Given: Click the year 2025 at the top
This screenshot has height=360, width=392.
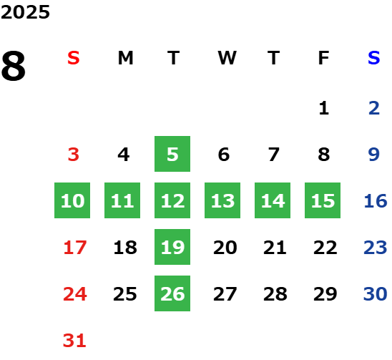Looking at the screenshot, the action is click(x=25, y=12).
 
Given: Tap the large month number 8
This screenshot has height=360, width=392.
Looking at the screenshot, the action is click(x=14, y=66).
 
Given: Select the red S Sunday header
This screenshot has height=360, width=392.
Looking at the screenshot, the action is click(x=74, y=58).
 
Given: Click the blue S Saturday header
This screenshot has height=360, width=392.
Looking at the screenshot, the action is click(x=374, y=58).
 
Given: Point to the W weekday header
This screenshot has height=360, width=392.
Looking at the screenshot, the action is click(x=227, y=58).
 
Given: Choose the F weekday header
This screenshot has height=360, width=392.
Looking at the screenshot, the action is click(x=324, y=58).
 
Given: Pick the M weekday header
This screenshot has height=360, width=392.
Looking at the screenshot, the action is click(x=125, y=58).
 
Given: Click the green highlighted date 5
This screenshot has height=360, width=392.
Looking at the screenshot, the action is click(x=172, y=154).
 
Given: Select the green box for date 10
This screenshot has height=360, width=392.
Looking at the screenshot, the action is click(x=72, y=200).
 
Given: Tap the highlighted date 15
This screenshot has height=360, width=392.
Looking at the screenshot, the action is click(x=323, y=200).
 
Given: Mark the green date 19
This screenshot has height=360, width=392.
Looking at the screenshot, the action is click(x=172, y=247).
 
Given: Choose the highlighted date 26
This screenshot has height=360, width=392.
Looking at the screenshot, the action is click(x=172, y=293).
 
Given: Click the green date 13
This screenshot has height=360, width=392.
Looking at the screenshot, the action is click(x=222, y=200).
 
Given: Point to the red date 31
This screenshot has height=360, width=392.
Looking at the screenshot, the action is click(x=74, y=341).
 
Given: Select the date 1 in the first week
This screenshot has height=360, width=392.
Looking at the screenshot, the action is click(x=324, y=108).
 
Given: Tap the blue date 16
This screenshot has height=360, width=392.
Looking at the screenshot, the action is click(x=376, y=201).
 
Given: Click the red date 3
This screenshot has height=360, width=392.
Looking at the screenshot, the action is click(x=74, y=155).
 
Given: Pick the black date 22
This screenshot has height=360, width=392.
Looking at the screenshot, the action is click(x=325, y=248).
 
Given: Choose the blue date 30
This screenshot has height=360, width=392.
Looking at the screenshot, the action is click(x=376, y=294).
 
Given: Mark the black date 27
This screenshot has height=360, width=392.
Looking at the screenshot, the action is click(x=225, y=294).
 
